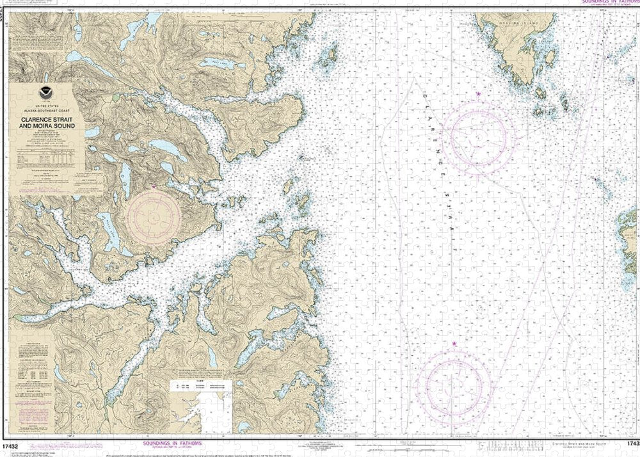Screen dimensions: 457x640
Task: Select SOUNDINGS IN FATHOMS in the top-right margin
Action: [610, 3]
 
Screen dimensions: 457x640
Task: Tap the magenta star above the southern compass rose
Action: [454, 344]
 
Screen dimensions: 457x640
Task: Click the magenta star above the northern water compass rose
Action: [479, 94]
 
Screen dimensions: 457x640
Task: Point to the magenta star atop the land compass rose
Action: [155, 186]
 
